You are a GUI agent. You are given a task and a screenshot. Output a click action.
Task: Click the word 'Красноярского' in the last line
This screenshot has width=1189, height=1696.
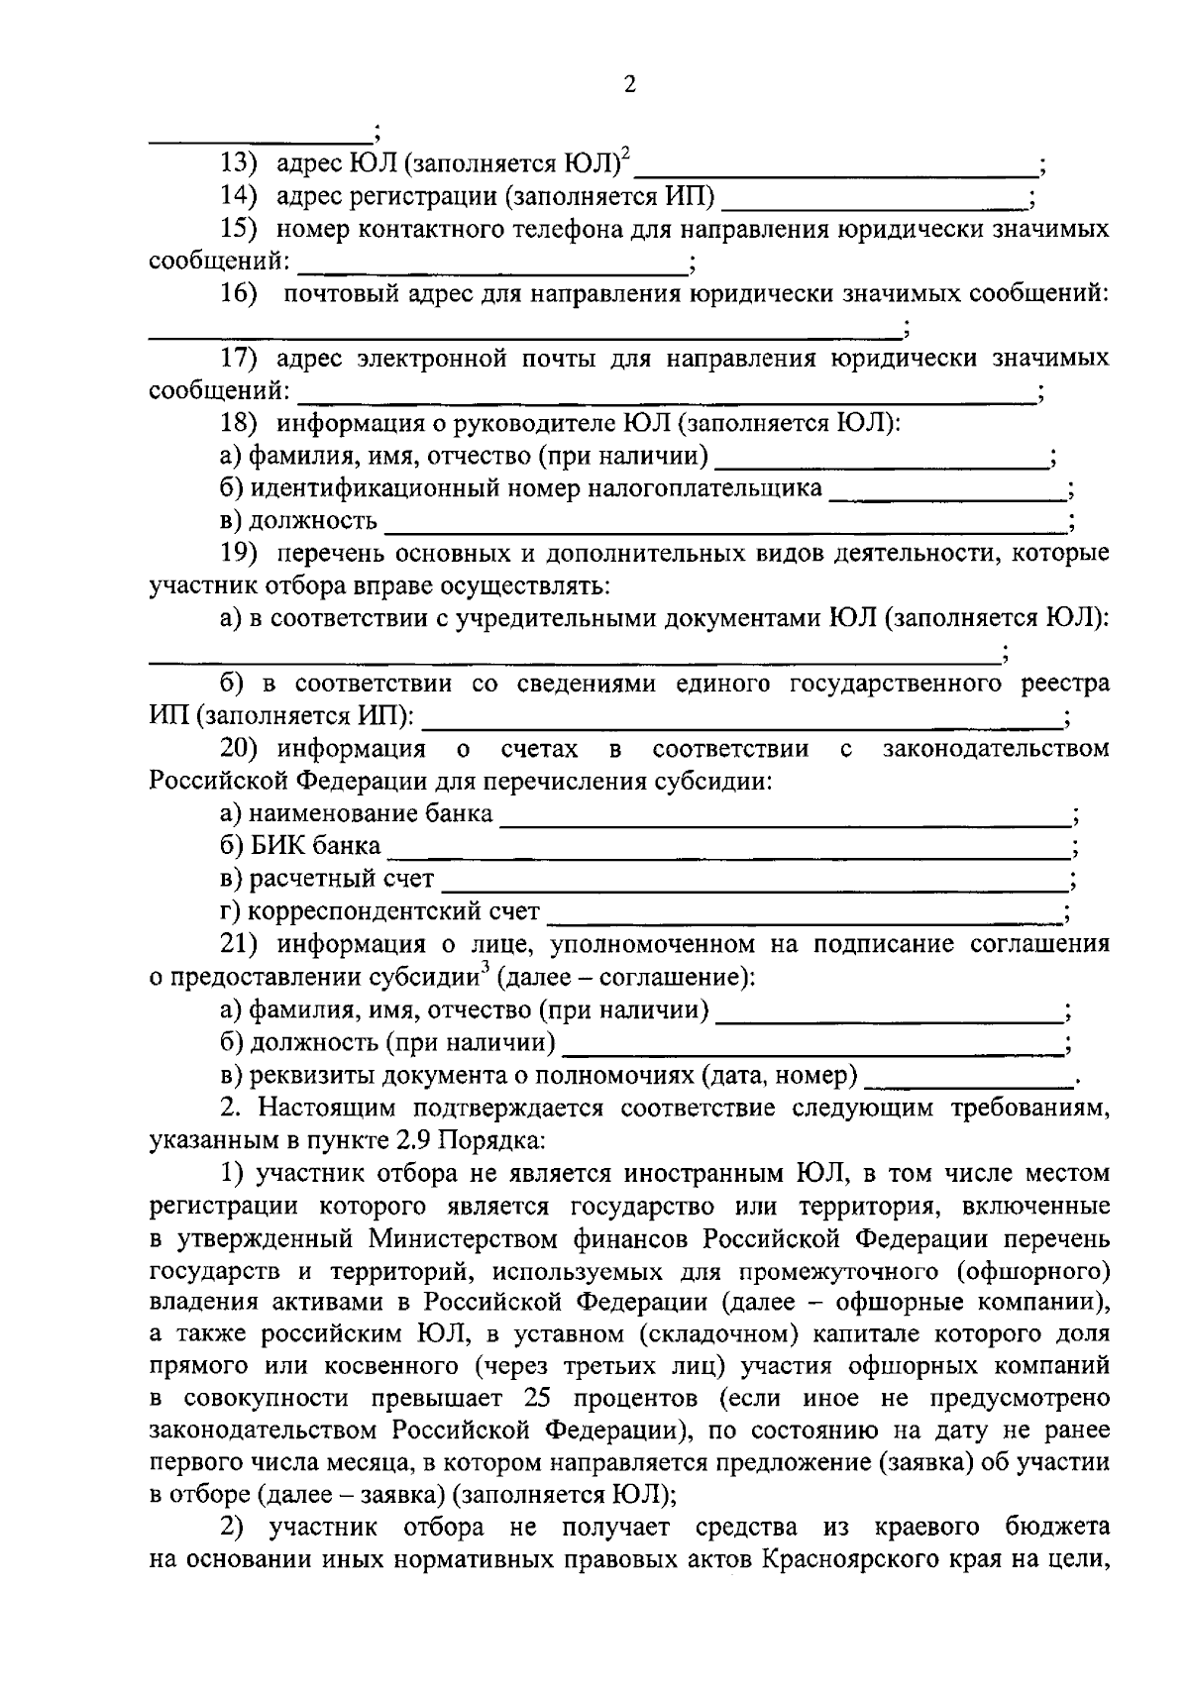[847, 1558]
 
